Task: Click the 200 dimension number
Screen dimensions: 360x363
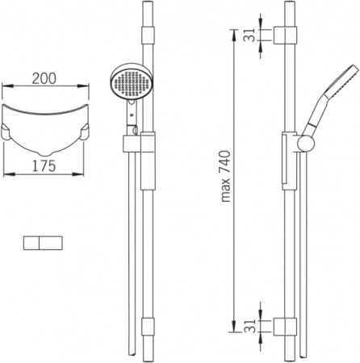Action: click(44, 78)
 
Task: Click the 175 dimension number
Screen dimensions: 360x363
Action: click(44, 165)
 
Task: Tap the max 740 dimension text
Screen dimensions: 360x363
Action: click(226, 177)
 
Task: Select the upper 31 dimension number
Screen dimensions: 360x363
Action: click(249, 35)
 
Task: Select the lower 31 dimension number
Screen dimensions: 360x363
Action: click(249, 326)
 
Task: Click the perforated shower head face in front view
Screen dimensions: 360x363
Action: click(132, 84)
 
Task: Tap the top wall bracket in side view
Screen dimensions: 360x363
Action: click(285, 35)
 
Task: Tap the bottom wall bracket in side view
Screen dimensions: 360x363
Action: click(285, 327)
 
